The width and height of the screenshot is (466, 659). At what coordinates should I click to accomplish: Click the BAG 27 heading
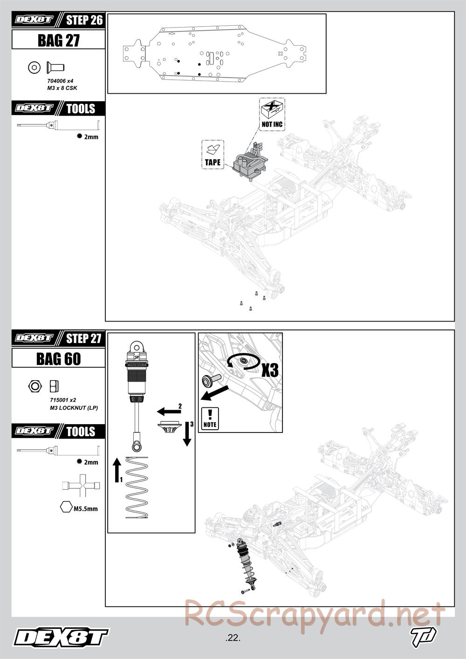58,40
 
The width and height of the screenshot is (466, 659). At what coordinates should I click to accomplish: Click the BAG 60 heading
58,358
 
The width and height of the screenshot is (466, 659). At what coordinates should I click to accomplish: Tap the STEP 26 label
84,20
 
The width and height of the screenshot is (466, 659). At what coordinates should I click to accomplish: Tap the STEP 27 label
83,338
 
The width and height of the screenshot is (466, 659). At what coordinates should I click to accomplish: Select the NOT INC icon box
272,114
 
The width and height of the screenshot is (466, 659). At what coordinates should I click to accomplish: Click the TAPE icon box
212,154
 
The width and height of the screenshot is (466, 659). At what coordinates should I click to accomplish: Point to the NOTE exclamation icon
210,418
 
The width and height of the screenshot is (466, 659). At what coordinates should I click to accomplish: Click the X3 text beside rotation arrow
269,370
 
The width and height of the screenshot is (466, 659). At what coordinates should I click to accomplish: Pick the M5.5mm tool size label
86,508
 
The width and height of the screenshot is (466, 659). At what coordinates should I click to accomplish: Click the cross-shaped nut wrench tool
81,486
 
